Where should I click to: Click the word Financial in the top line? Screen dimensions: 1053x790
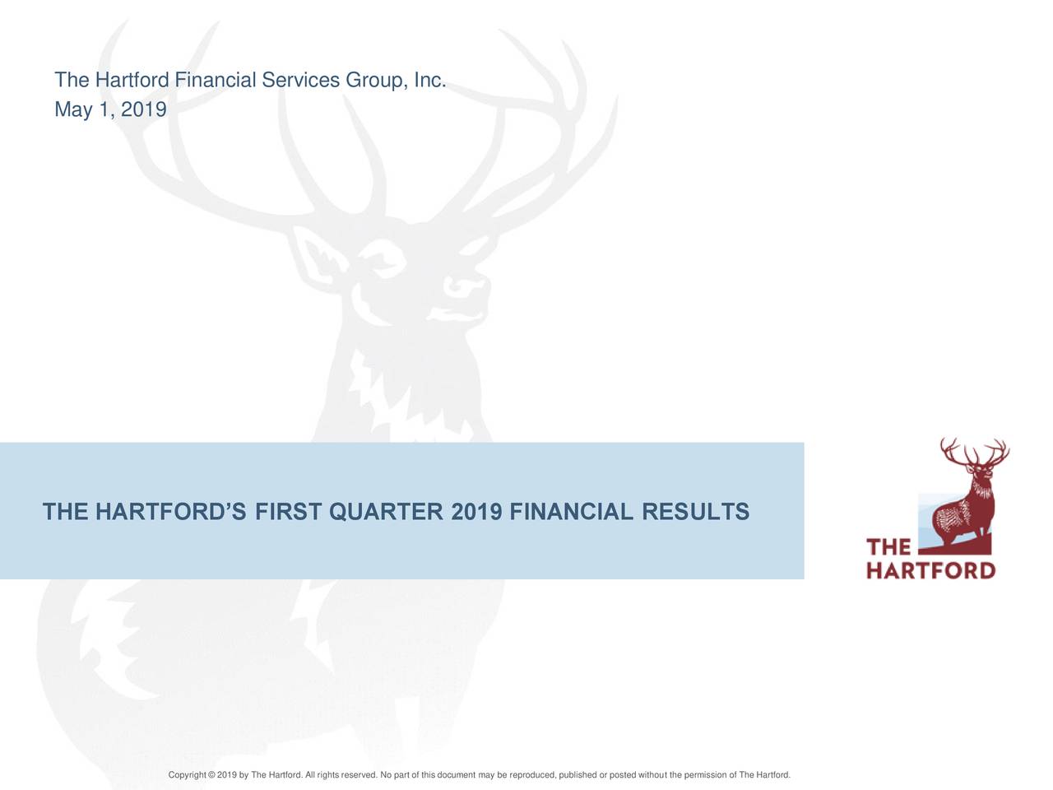tap(216, 80)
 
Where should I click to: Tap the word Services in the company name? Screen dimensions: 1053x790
tap(301, 80)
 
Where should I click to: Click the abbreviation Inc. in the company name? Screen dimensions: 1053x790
tap(429, 80)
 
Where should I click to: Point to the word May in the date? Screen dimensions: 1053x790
tap(73, 110)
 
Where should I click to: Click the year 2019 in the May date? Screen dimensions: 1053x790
tap(143, 109)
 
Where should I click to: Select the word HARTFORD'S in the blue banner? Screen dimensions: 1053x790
tap(171, 511)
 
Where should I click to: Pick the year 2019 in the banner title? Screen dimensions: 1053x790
tap(476, 511)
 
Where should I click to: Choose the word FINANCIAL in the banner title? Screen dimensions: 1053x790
tap(572, 511)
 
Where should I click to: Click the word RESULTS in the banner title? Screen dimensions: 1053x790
tap(696, 511)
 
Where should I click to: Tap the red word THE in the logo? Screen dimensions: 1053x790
tap(888, 547)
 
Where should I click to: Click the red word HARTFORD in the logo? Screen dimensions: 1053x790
tap(930, 571)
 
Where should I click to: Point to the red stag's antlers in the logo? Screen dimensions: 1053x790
tap(975, 453)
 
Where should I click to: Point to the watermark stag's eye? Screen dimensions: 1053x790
tap(384, 258)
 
